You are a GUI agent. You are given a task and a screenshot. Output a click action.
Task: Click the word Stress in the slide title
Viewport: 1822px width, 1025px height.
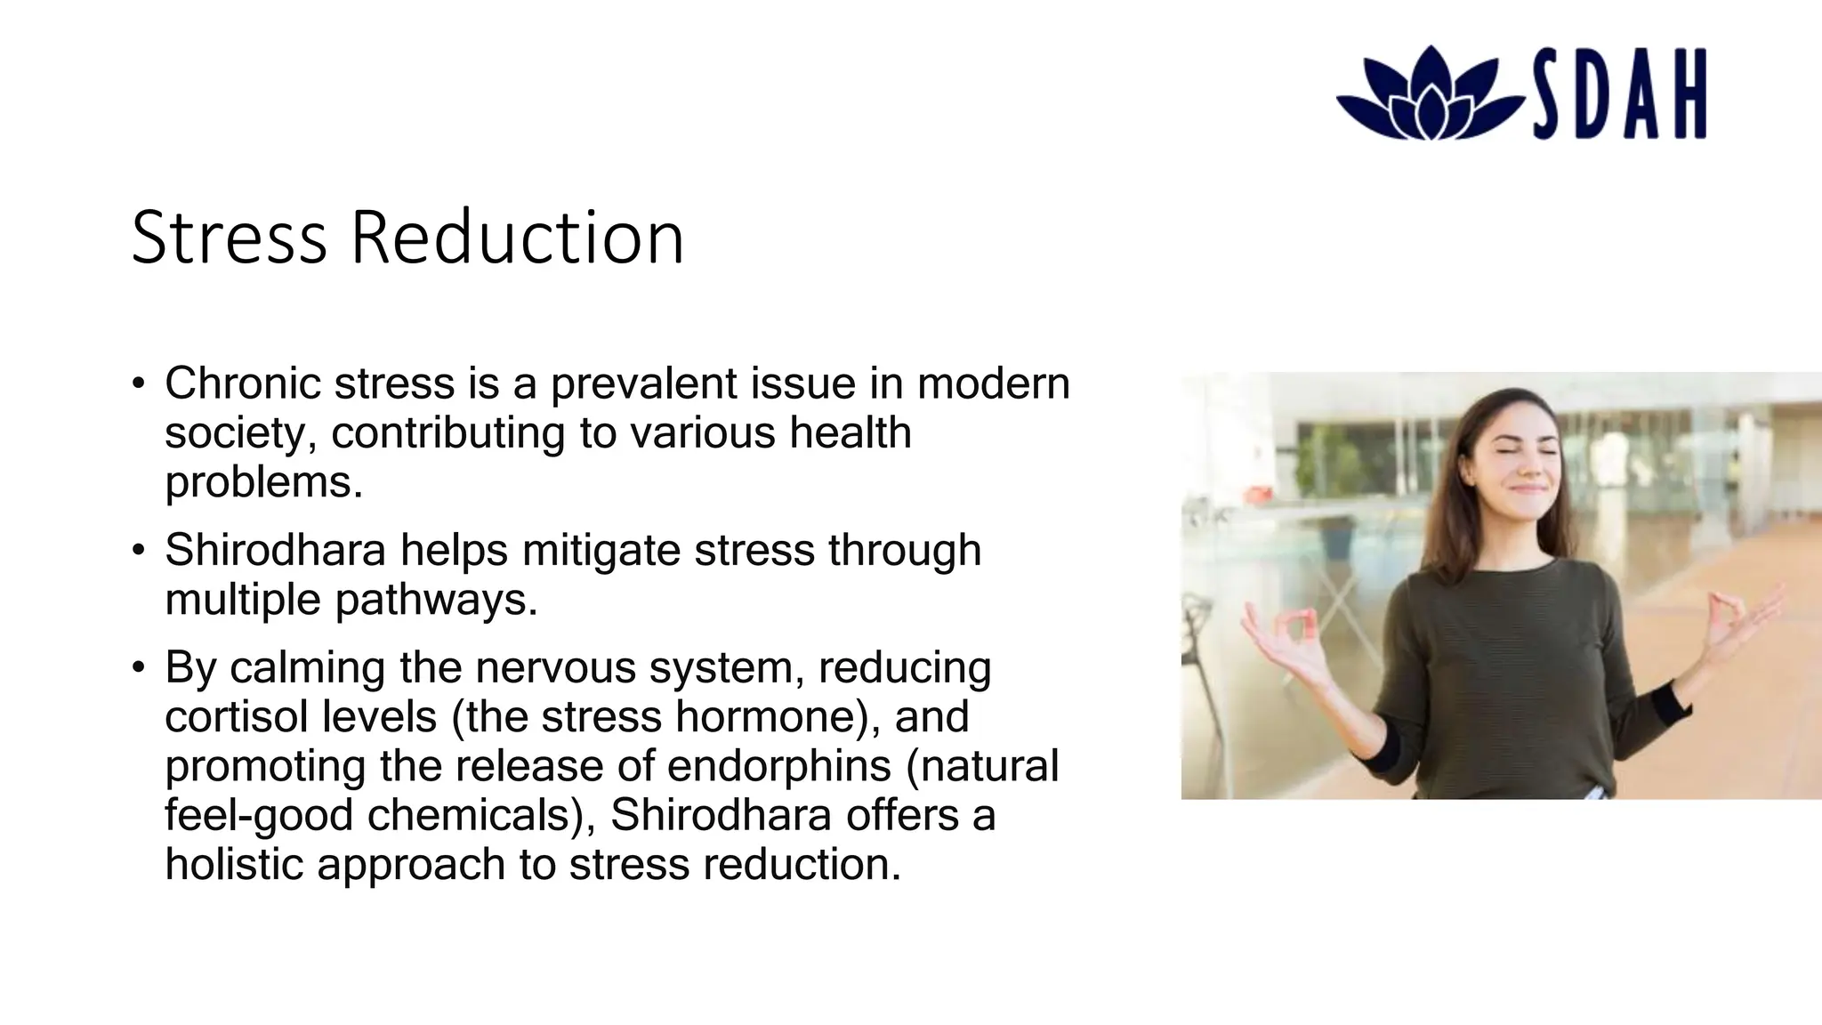pos(229,238)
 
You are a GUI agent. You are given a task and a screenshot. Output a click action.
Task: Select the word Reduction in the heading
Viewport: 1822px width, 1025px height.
pos(517,238)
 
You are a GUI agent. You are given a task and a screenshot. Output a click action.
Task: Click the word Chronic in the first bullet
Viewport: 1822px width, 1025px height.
pos(242,383)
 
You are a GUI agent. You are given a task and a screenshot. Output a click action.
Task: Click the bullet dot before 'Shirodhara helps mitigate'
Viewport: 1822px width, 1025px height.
pos(138,550)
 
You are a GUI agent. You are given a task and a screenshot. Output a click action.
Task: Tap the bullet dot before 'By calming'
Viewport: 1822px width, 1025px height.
pos(138,667)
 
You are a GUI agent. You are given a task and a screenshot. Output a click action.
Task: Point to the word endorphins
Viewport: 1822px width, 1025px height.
pos(778,766)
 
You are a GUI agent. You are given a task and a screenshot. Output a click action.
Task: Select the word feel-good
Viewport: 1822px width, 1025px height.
pos(259,815)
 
